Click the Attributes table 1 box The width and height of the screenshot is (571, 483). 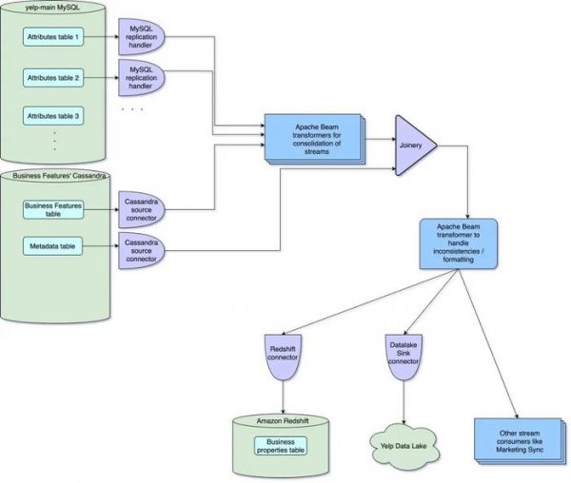click(x=54, y=36)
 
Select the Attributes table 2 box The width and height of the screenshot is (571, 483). click(x=54, y=76)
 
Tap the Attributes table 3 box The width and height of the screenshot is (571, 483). click(x=54, y=115)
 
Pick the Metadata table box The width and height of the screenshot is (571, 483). click(x=54, y=247)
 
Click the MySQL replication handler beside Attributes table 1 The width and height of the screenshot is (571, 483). click(x=140, y=36)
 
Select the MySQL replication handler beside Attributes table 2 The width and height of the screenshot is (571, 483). click(x=140, y=76)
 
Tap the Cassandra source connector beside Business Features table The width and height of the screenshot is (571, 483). click(x=140, y=208)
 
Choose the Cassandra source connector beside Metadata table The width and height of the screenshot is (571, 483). click(x=140, y=249)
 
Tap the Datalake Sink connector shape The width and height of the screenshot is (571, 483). click(x=404, y=357)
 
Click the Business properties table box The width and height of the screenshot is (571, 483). click(x=282, y=446)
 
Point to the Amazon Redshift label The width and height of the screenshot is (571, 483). click(x=282, y=420)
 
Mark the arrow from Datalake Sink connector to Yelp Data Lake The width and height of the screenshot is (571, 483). click(x=404, y=399)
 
